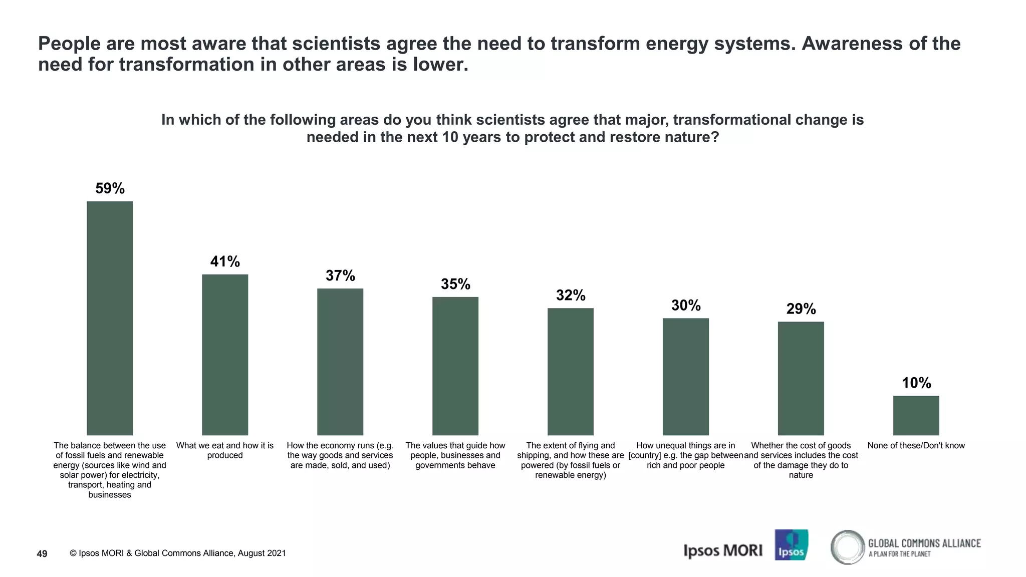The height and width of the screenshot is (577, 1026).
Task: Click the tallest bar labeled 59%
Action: tap(110, 318)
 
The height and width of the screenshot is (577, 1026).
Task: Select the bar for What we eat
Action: tap(225, 355)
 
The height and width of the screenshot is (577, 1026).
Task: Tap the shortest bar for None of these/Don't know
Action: tap(916, 415)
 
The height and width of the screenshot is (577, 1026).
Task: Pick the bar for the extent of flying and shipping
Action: tap(570, 371)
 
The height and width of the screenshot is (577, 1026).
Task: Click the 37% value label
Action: tap(340, 276)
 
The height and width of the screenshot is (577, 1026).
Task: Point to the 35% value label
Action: tap(455, 284)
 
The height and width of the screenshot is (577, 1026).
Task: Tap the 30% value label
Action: tap(686, 306)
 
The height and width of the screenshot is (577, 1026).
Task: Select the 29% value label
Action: tap(801, 309)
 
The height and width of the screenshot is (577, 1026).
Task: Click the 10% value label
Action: tap(916, 383)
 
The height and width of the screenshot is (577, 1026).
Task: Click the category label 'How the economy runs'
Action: tap(340, 455)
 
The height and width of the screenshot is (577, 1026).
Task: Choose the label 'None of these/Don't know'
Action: tap(916, 446)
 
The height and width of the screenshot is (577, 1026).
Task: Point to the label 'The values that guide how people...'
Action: tap(455, 455)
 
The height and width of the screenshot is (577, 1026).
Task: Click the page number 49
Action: tap(42, 553)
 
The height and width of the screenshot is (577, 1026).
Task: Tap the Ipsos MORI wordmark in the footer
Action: tap(722, 550)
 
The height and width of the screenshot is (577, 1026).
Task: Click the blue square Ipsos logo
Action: tap(791, 544)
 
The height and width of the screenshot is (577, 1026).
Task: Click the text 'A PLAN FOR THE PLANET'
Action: tap(899, 554)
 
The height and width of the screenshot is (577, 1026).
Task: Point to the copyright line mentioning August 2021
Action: tap(178, 553)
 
